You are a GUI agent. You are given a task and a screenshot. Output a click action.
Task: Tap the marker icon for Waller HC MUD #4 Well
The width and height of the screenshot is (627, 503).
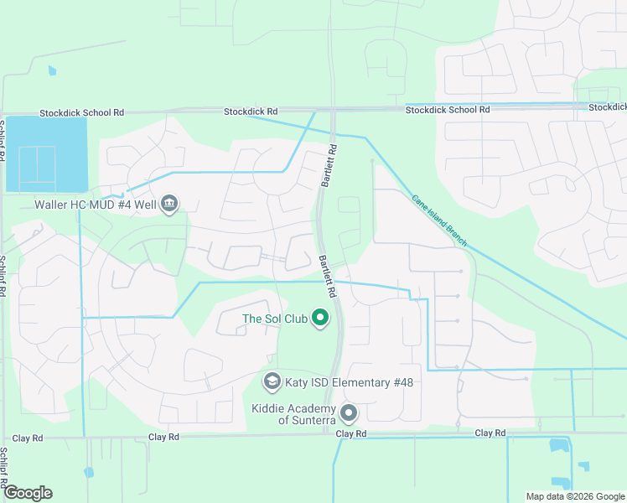pos(169,204)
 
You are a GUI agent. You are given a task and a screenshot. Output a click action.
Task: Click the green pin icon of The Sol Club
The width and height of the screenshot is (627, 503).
pos(319,318)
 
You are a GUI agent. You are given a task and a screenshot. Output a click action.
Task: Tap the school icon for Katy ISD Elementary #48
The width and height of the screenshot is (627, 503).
pos(272,382)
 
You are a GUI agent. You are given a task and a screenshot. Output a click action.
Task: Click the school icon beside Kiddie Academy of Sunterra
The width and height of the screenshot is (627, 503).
pos(349,413)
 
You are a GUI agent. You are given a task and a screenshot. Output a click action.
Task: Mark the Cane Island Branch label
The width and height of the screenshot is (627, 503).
pos(440,222)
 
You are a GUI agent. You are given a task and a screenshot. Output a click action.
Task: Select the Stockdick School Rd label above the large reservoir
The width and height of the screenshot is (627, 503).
pos(82,112)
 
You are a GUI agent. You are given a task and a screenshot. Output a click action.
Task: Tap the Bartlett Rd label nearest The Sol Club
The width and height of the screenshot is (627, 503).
pos(327,277)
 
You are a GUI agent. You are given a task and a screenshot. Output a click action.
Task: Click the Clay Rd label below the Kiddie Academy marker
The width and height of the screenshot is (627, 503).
pos(351,433)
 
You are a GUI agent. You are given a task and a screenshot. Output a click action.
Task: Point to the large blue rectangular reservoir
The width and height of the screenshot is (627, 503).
pos(46,153)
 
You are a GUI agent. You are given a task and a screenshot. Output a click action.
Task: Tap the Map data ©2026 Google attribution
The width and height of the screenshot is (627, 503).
pos(574,496)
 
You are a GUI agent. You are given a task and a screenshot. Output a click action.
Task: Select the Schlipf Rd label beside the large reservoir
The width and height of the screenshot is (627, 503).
pos(3,141)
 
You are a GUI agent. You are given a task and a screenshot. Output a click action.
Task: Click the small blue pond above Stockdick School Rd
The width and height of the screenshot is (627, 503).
pos(53,71)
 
